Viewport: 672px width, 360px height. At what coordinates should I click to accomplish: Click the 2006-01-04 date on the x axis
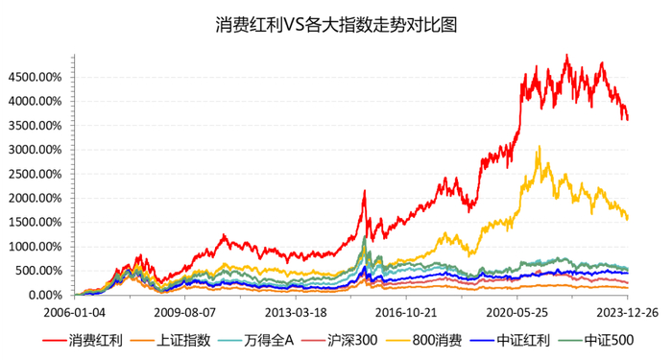74,312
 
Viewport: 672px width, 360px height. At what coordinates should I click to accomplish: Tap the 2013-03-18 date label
296,312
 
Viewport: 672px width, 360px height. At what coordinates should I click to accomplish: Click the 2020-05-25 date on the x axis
517,312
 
